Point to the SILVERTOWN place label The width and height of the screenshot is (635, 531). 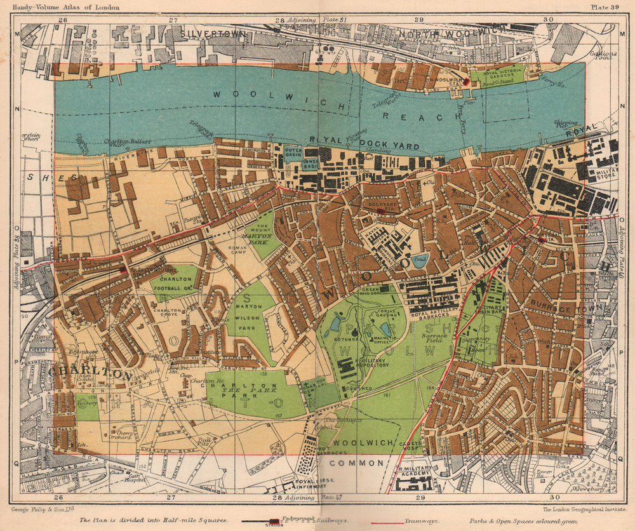tap(213, 34)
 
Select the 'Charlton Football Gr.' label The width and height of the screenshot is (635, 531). tap(173, 281)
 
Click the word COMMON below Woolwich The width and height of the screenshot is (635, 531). tap(361, 463)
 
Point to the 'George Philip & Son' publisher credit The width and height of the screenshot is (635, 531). tap(43, 509)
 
